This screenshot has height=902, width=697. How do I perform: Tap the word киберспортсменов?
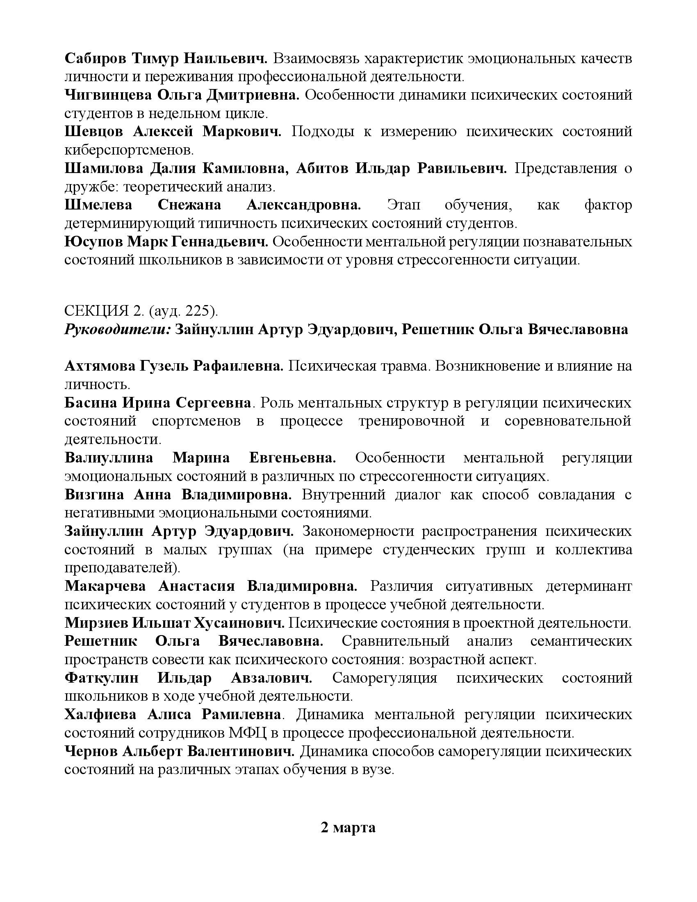129,150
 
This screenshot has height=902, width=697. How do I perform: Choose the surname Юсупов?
93,241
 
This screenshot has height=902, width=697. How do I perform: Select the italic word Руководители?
117,329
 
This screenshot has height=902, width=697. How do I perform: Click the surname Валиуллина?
109,458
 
